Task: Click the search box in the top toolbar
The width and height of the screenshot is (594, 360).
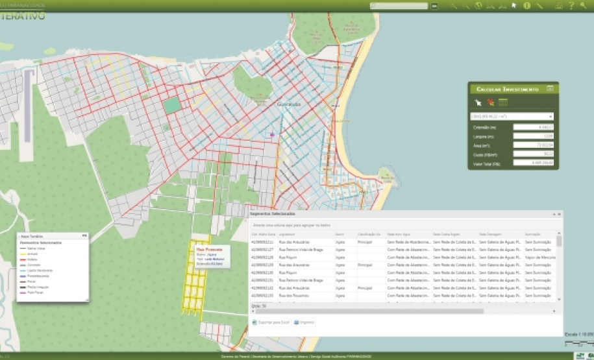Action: (x=399, y=6)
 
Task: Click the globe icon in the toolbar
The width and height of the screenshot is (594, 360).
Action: (x=478, y=6)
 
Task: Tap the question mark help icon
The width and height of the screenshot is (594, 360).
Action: (x=571, y=6)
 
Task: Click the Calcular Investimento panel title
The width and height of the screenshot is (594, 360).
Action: (x=508, y=89)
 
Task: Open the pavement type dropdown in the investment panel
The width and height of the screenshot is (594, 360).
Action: (x=512, y=117)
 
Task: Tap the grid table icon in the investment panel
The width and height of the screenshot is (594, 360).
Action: (x=502, y=102)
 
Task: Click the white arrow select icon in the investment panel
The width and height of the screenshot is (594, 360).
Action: (x=478, y=102)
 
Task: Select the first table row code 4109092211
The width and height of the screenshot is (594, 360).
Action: (x=262, y=242)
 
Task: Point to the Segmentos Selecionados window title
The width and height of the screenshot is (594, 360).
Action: (x=273, y=213)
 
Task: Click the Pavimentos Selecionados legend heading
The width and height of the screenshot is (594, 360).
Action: (x=40, y=243)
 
